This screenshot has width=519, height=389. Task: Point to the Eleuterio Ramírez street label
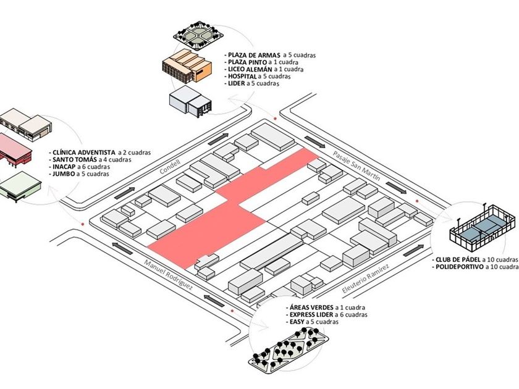pyautogui.click(x=365, y=280)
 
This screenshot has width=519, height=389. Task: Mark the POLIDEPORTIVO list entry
pyautogui.click(x=460, y=267)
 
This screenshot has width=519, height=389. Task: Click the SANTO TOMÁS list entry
pyautogui.click(x=74, y=159)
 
